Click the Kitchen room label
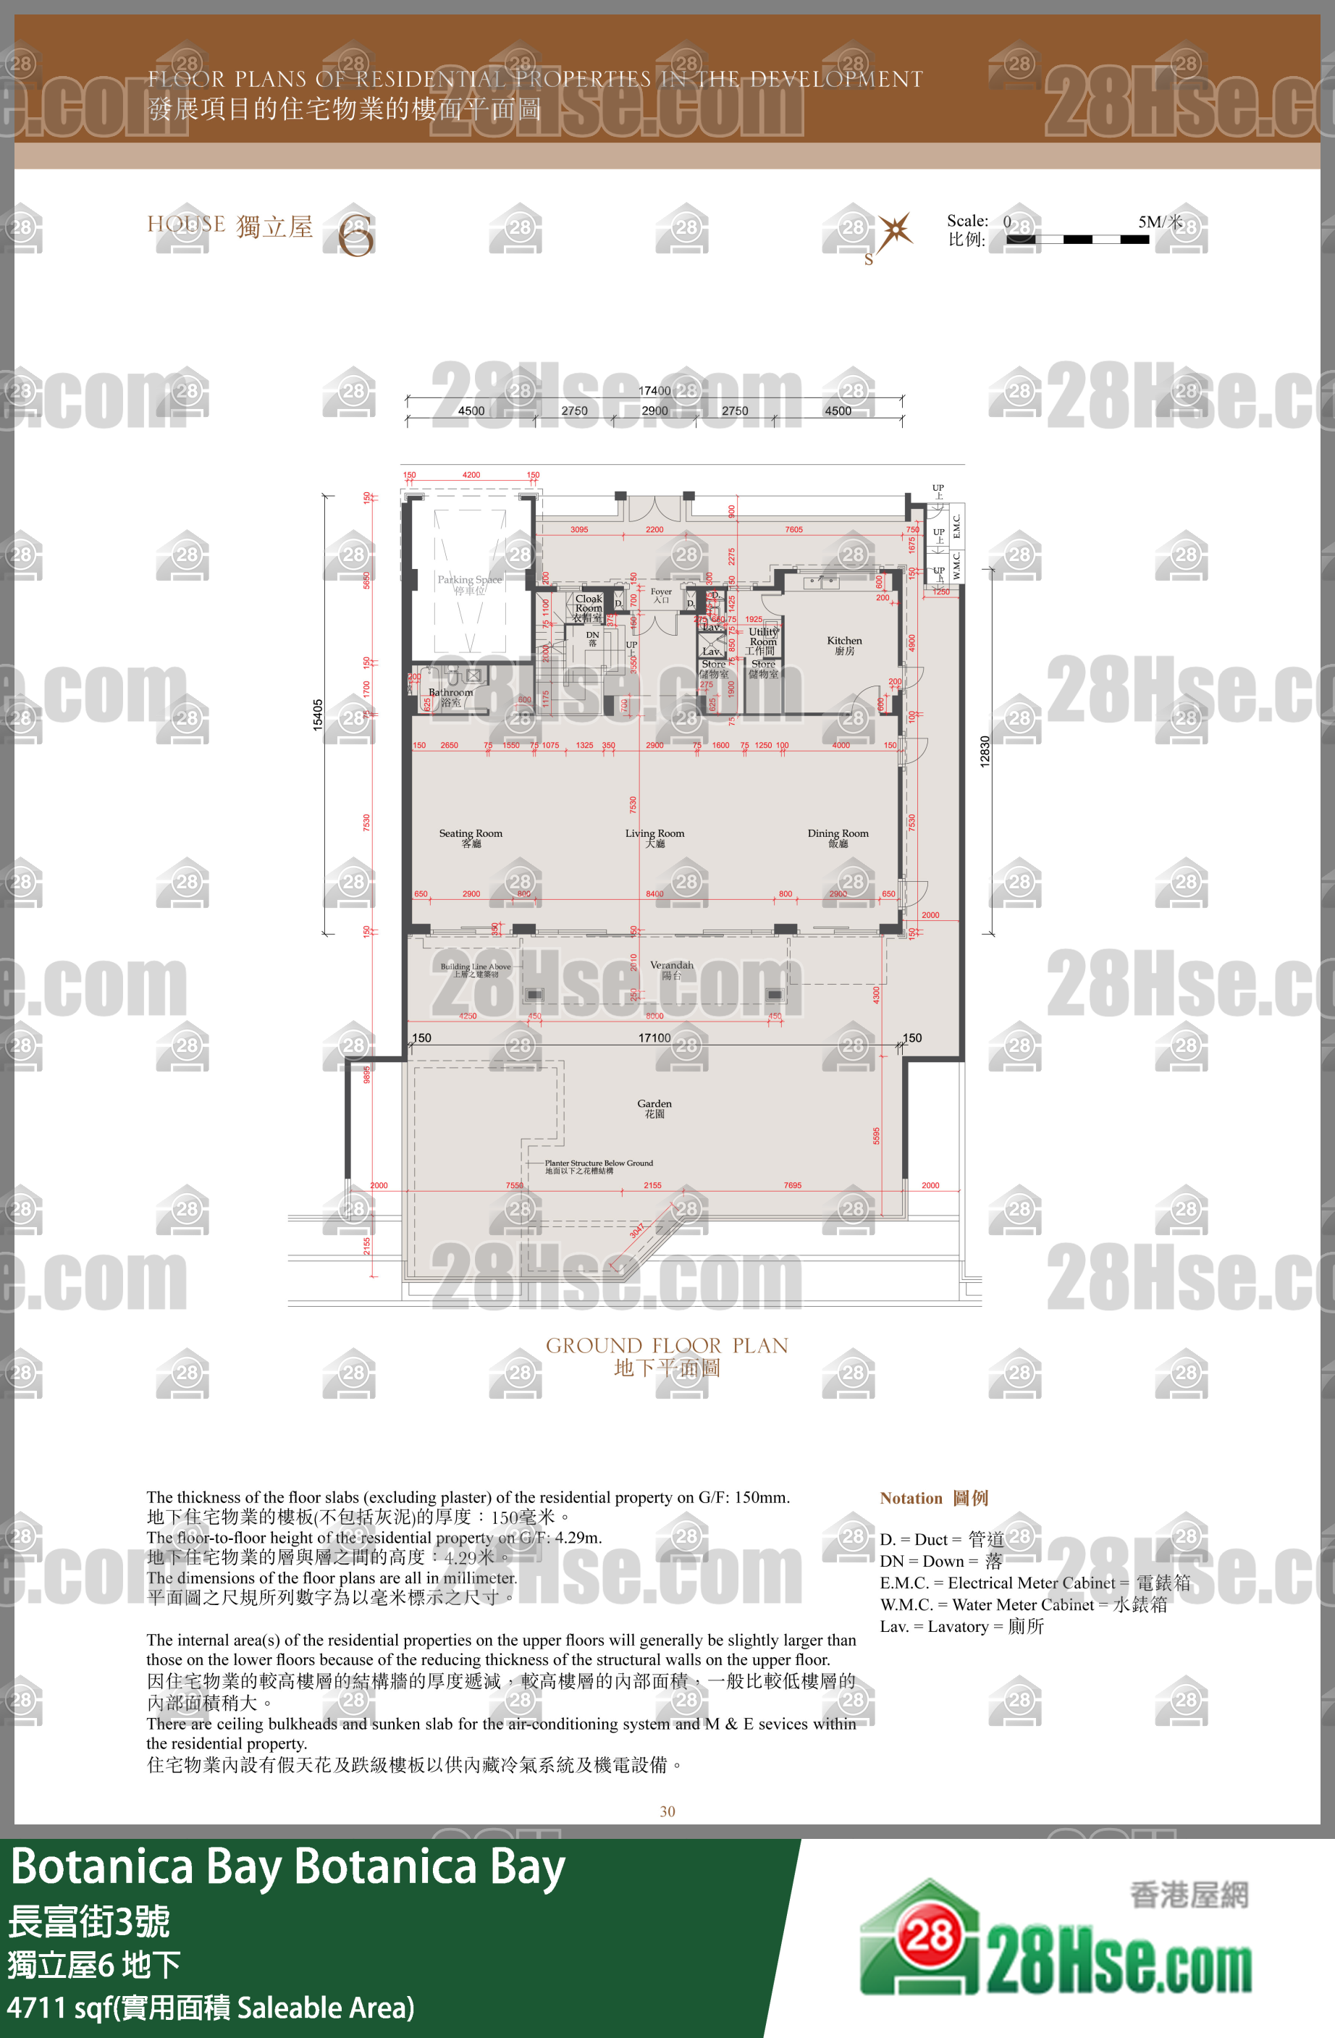(x=843, y=645)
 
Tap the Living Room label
(x=654, y=838)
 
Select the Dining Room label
(x=838, y=838)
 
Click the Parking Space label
(x=469, y=584)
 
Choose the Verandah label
(x=671, y=969)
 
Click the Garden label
(x=654, y=1108)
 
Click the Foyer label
(x=661, y=594)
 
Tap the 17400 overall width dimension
(x=654, y=390)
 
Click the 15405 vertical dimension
(x=318, y=714)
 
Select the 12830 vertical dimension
(x=985, y=751)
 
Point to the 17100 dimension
(x=654, y=1038)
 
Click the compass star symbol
(x=895, y=231)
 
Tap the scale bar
(x=1077, y=240)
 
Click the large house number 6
(x=355, y=235)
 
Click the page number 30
(x=667, y=1811)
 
